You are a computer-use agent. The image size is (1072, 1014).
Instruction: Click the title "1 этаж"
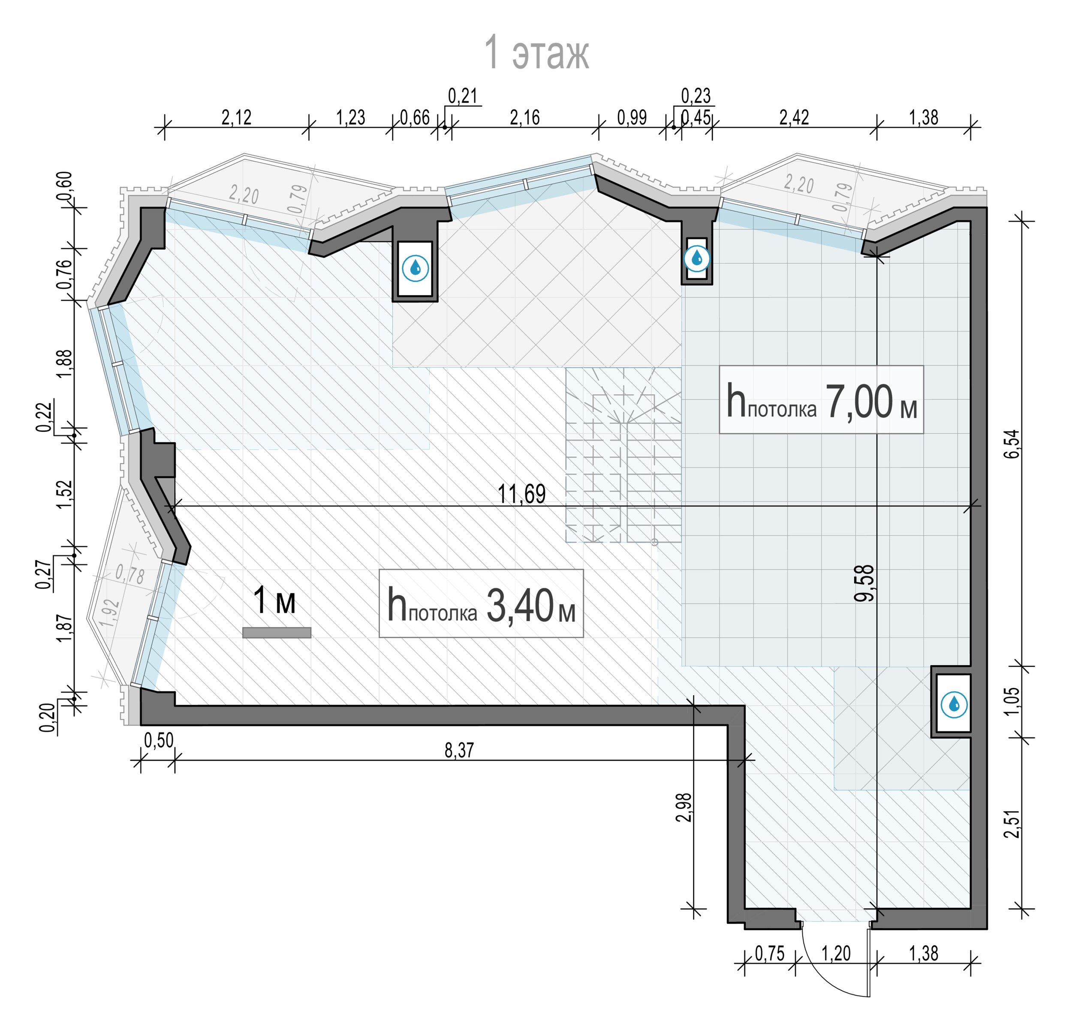(536, 52)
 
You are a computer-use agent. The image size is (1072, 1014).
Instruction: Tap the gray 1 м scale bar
(277, 633)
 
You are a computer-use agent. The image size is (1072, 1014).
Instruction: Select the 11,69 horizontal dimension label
(521, 493)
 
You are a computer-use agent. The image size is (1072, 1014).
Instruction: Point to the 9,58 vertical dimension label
(864, 583)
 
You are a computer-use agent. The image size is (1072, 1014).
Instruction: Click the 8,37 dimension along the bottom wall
(459, 750)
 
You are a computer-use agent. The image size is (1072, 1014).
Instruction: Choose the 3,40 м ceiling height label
(481, 604)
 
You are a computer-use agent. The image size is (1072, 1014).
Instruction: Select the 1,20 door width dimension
(836, 954)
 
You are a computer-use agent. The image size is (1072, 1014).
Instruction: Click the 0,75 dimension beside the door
(769, 954)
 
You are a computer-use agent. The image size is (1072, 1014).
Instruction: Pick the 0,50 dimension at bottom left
(159, 740)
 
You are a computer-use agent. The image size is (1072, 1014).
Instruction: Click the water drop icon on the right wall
(954, 705)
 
